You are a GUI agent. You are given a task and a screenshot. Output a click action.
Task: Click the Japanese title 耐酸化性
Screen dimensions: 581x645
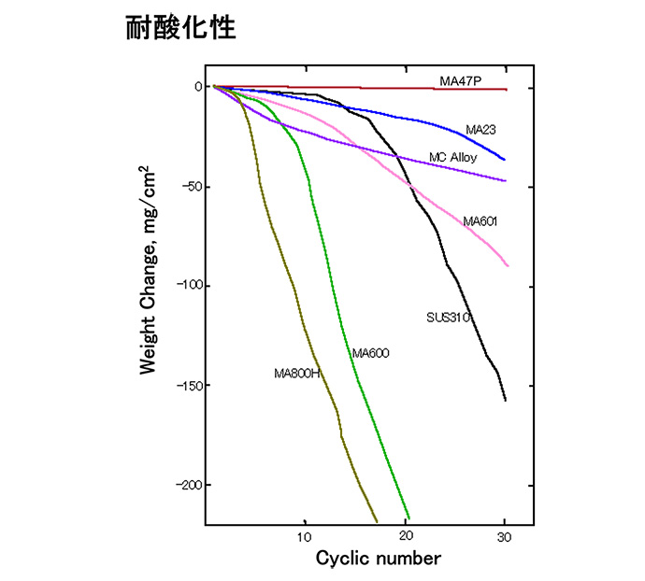pos(181,27)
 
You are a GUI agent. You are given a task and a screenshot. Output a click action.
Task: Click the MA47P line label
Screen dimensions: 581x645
pos(461,81)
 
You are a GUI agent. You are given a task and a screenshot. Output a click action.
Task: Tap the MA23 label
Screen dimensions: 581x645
pos(480,130)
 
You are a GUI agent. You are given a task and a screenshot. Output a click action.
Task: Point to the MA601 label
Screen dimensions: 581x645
pos(480,221)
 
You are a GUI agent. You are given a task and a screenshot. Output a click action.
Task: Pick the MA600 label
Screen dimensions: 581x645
pos(370,353)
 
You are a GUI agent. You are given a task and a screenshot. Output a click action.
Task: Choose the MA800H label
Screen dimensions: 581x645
pos(297,374)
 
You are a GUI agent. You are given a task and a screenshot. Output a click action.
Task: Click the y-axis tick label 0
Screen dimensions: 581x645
pos(198,87)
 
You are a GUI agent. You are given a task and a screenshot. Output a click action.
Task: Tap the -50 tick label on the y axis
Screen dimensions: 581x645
pos(192,187)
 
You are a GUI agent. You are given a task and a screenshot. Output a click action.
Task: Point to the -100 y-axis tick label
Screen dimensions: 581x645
pos(189,287)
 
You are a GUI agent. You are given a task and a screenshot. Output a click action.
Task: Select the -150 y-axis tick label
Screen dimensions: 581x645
pos(189,386)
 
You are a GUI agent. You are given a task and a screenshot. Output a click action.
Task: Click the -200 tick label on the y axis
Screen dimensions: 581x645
pos(189,486)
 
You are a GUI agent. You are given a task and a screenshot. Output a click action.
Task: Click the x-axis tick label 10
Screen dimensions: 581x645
pos(304,538)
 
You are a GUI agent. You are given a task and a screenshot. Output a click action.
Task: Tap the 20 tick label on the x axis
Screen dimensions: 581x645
pos(404,538)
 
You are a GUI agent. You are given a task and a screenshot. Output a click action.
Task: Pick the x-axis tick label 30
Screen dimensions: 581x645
pos(505,538)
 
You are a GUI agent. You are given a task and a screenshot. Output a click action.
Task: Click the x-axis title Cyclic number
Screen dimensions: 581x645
pos(378,560)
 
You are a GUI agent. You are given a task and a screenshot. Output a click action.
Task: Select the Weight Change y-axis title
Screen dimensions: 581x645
pos(149,271)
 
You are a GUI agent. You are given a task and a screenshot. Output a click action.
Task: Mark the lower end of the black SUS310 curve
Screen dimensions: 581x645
pos(505,400)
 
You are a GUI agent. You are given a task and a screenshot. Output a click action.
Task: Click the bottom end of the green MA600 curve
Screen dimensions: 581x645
pos(408,517)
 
